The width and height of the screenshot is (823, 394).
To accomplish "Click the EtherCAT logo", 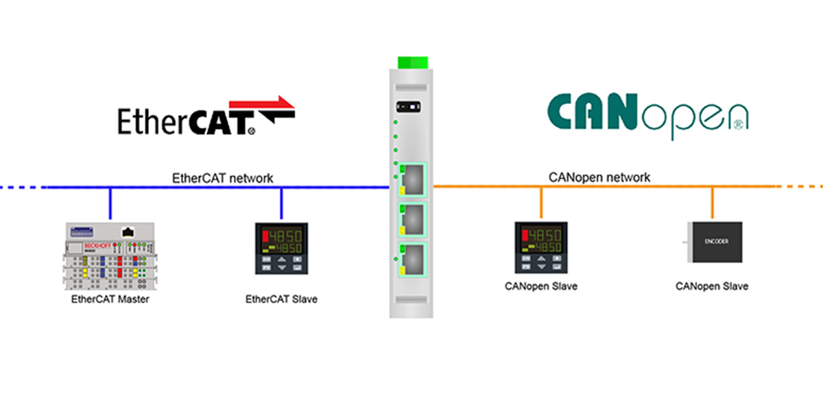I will pos(206,116).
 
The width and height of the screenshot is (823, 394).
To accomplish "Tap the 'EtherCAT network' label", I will pos(222,178).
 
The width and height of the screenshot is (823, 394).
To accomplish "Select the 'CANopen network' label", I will pos(599,177).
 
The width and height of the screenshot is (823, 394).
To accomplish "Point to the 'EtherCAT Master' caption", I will pos(110,299).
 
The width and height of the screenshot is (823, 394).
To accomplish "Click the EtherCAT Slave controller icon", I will pos(281,247).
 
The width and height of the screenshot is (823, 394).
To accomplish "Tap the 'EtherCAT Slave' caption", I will pos(281,299).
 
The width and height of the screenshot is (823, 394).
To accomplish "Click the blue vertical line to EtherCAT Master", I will pos(110,204).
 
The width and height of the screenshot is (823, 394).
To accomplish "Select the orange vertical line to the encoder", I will pos(712,203).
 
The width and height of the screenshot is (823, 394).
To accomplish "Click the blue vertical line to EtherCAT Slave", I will pos(281,204).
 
